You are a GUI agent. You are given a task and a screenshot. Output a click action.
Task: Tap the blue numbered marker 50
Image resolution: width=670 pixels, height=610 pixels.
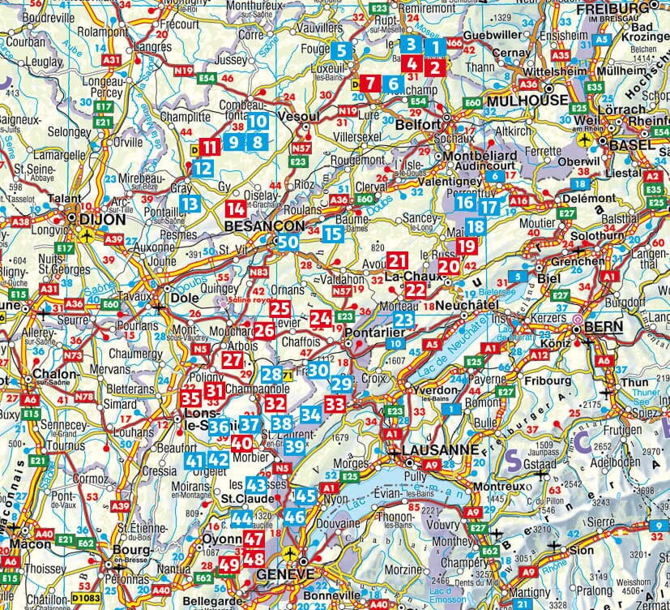[x=288, y=243]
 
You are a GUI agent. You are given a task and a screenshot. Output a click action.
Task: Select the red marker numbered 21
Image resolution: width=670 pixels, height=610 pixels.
[x=397, y=261]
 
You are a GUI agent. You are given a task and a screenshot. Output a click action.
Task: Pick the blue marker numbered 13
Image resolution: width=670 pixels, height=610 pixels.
[x=190, y=204]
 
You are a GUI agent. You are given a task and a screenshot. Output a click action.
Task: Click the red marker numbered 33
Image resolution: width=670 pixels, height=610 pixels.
[x=335, y=403]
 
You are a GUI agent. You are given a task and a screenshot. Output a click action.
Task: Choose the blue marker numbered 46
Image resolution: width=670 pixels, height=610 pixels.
[x=295, y=516]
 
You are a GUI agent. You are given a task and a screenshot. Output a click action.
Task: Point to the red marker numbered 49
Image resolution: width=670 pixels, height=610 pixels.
[x=228, y=563]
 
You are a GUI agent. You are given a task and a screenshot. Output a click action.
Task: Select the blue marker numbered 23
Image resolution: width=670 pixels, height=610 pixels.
[x=404, y=320]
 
